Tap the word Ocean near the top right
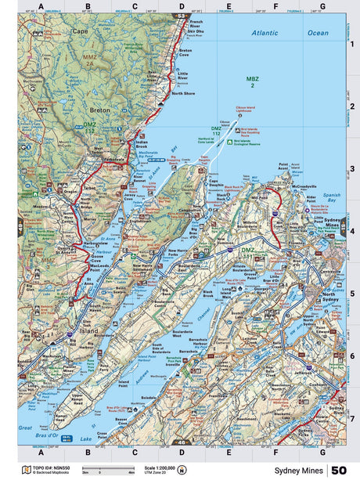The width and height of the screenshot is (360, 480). tap(317, 33)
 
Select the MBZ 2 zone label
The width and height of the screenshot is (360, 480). tap(252, 82)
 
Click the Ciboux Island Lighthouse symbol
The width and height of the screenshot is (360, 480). tap(239, 115)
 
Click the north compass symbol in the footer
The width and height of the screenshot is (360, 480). tap(182, 470)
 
